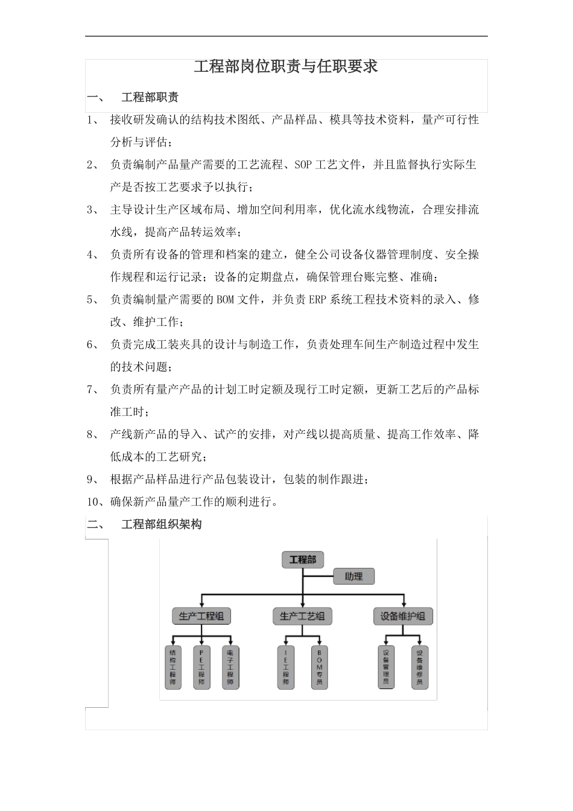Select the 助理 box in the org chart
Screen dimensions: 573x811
click(x=353, y=576)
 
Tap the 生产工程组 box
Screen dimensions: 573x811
click(x=201, y=616)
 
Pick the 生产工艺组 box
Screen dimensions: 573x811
click(x=302, y=616)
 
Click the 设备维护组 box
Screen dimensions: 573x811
click(x=403, y=616)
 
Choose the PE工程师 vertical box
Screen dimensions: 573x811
click(x=201, y=667)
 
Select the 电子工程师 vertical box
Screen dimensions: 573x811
click(x=230, y=667)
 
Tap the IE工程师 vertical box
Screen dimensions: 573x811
click(x=286, y=667)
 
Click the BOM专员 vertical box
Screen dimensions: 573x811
click(x=320, y=667)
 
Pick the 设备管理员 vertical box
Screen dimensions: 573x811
click(x=386, y=667)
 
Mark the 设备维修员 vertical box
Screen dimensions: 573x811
click(x=420, y=667)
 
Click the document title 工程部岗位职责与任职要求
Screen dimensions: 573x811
click(x=286, y=66)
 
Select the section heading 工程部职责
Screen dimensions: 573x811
click(x=150, y=97)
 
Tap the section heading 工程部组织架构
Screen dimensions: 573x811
click(x=161, y=524)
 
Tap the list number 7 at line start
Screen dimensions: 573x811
click(x=90, y=390)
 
